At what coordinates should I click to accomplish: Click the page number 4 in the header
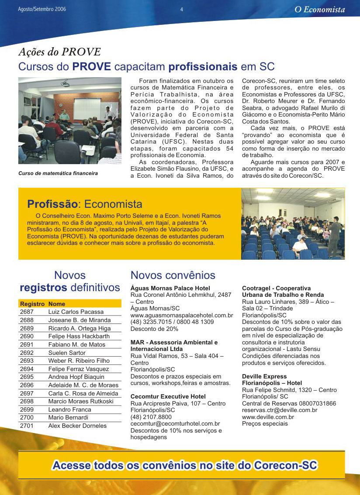(x=181, y=9)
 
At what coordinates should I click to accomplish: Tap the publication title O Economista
(x=319, y=10)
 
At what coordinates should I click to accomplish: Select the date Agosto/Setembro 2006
(x=42, y=9)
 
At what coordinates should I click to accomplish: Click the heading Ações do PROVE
(x=59, y=52)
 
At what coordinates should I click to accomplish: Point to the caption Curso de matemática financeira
(x=58, y=173)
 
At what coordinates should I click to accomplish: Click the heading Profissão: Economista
(x=85, y=204)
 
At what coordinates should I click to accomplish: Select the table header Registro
(x=32, y=304)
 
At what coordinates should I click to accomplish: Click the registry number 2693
(x=27, y=361)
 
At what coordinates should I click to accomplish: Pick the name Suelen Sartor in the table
(x=67, y=353)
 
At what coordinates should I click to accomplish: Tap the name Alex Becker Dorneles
(x=77, y=426)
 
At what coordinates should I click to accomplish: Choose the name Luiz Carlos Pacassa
(x=76, y=312)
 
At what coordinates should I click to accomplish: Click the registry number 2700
(x=27, y=418)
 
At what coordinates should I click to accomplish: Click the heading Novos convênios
(x=173, y=275)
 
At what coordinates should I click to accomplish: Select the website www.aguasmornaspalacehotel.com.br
(x=182, y=315)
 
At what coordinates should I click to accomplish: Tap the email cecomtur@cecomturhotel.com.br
(x=175, y=424)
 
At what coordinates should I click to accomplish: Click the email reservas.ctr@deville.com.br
(x=280, y=410)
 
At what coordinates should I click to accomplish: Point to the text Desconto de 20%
(x=154, y=329)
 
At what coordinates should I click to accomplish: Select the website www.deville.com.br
(x=268, y=417)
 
